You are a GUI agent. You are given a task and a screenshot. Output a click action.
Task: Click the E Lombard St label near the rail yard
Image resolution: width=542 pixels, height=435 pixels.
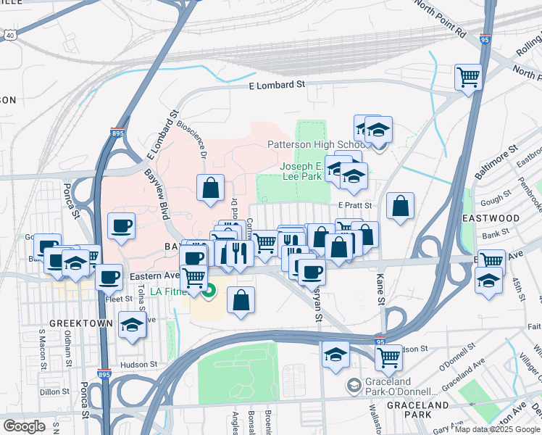point(276,85)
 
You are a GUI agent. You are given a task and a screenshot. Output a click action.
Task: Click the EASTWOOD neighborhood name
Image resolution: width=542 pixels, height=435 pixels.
point(491,218)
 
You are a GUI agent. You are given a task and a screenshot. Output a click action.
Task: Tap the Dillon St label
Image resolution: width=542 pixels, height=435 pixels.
point(54,391)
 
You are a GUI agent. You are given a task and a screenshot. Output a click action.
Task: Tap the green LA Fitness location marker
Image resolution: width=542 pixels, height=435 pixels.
point(209,292)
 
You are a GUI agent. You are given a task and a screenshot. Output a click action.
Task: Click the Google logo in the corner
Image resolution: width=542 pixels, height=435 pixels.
point(24,426)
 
